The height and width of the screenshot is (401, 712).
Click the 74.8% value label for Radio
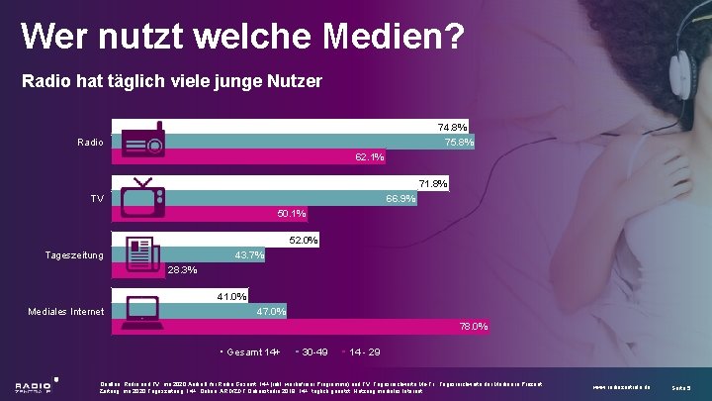coord(452,127)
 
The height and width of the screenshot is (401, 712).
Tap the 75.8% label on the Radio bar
coord(459,143)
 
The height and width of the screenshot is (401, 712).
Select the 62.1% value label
coord(370,157)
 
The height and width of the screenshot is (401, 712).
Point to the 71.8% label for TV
coord(433,184)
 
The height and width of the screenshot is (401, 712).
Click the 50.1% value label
coord(292,214)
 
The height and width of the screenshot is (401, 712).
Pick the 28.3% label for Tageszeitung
coord(183,269)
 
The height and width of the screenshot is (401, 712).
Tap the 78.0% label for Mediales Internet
coord(473,327)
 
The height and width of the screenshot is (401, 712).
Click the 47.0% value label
coord(271,312)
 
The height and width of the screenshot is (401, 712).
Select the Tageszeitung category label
coord(74,256)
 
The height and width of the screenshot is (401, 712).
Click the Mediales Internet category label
coord(66,313)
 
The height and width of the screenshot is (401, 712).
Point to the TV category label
coord(97,199)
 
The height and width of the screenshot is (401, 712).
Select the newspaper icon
coord(138,253)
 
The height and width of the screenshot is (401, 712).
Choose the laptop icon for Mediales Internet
coord(137,310)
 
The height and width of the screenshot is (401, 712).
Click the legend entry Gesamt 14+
coord(253,352)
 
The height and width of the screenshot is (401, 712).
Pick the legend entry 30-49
coord(314,352)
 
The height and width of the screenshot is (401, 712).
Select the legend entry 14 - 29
coord(364,352)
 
